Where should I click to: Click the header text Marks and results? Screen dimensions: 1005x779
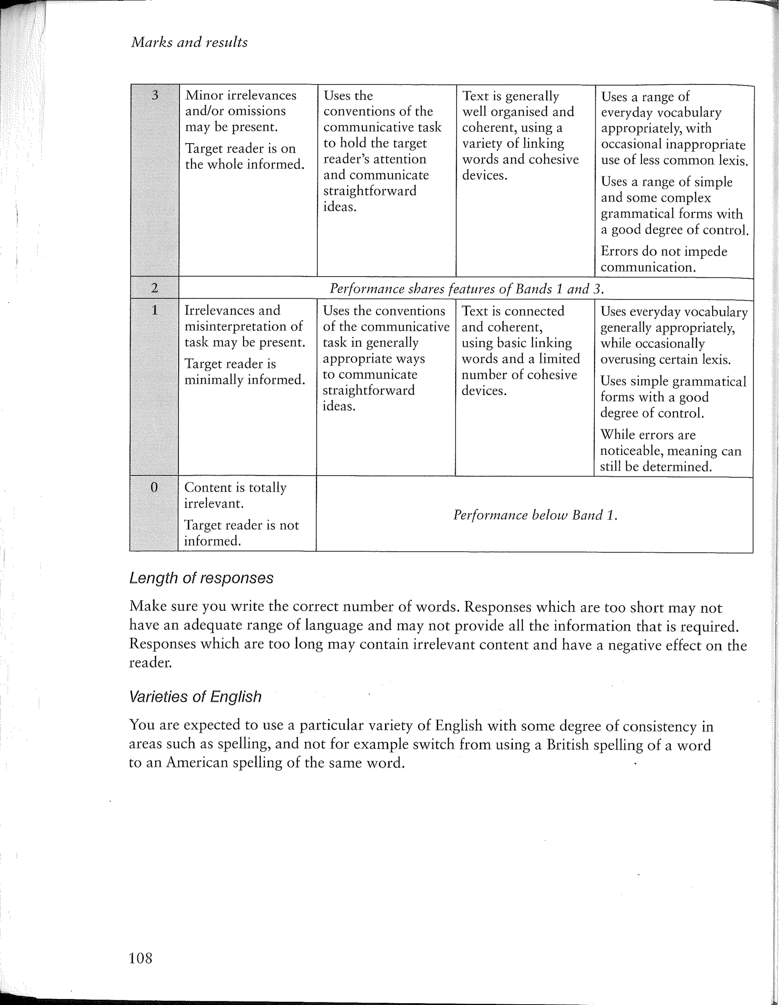tap(189, 42)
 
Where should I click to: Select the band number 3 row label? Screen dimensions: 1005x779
tap(155, 95)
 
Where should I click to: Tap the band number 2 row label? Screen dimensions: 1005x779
tap(154, 288)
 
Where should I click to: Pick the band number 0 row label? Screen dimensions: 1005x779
tap(154, 487)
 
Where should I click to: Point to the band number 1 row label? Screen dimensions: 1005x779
tap(154, 310)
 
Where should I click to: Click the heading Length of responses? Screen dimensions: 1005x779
tap(201, 578)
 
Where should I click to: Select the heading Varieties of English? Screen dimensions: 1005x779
tap(195, 697)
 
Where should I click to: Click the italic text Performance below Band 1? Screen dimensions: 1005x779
tap(535, 514)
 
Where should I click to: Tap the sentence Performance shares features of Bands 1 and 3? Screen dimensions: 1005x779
tap(466, 288)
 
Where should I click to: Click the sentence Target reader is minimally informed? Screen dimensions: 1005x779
tap(245, 371)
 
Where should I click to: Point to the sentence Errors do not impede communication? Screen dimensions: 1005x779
tap(664, 259)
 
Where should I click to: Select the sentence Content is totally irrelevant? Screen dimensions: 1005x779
tap(235, 495)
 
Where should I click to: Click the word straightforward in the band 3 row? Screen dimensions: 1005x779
tap(370, 191)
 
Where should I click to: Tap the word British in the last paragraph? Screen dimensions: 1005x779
tap(567, 745)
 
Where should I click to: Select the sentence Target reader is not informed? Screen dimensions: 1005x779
tap(241, 533)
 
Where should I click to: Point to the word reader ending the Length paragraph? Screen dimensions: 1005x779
tap(150, 663)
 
